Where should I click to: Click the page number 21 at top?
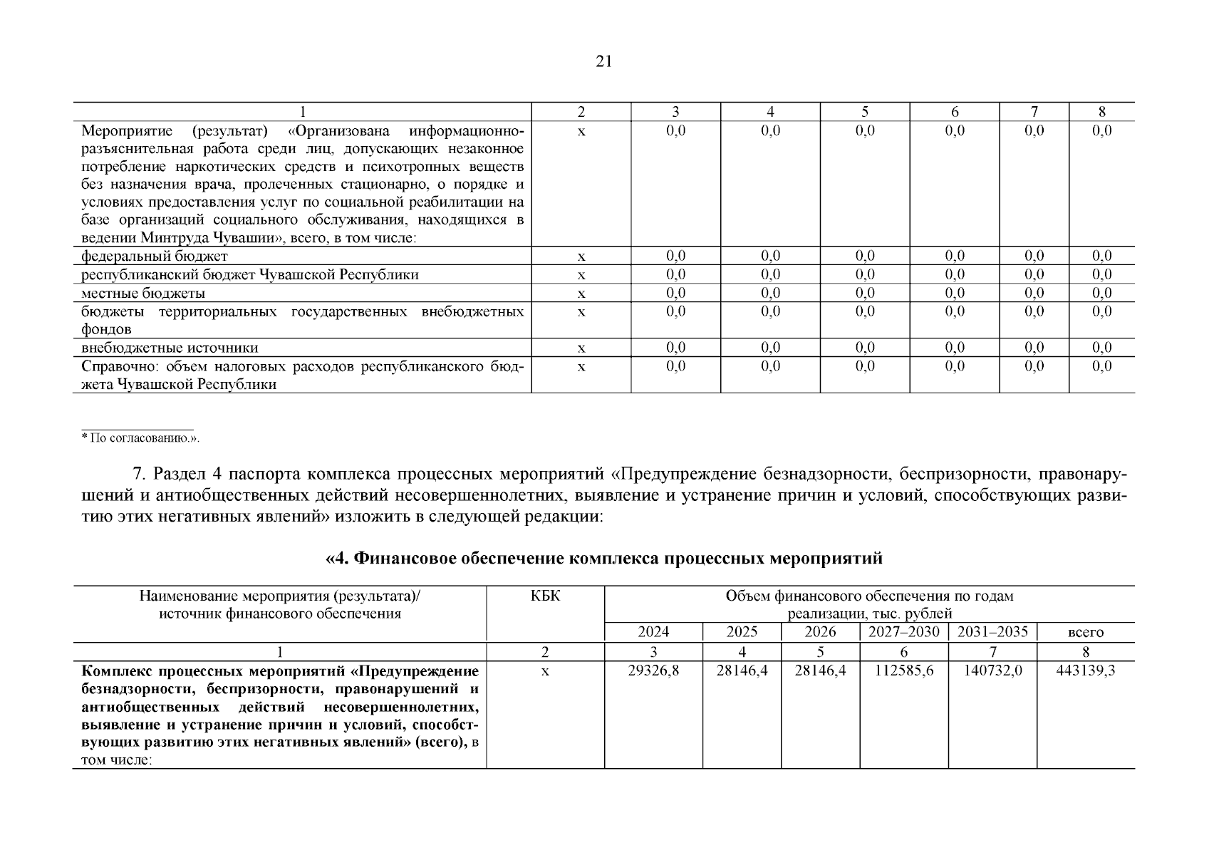click(603, 62)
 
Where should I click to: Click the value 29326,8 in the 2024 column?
click(653, 671)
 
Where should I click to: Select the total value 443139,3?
click(1085, 671)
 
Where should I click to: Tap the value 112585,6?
click(904, 671)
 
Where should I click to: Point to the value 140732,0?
click(992, 671)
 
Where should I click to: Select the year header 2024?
click(653, 632)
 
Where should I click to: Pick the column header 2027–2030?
click(904, 632)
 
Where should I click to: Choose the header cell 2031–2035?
click(992, 632)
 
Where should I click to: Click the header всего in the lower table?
click(1086, 633)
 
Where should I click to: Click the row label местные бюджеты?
click(143, 294)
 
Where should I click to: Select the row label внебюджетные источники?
click(170, 348)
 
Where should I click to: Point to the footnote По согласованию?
click(143, 438)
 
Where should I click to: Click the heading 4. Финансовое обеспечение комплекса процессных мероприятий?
click(603, 558)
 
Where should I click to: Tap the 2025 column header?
click(742, 632)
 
